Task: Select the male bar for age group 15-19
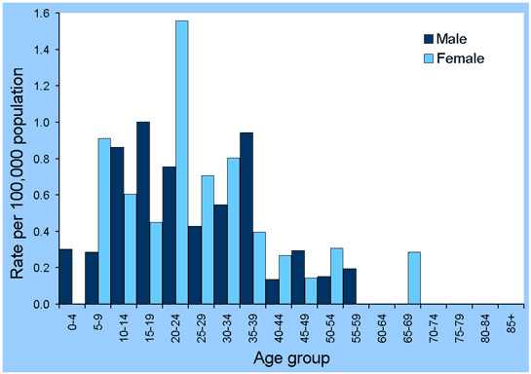click(143, 213)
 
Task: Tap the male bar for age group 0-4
click(65, 277)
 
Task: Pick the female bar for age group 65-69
click(415, 279)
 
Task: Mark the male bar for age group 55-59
click(350, 286)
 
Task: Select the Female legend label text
click(464, 58)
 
